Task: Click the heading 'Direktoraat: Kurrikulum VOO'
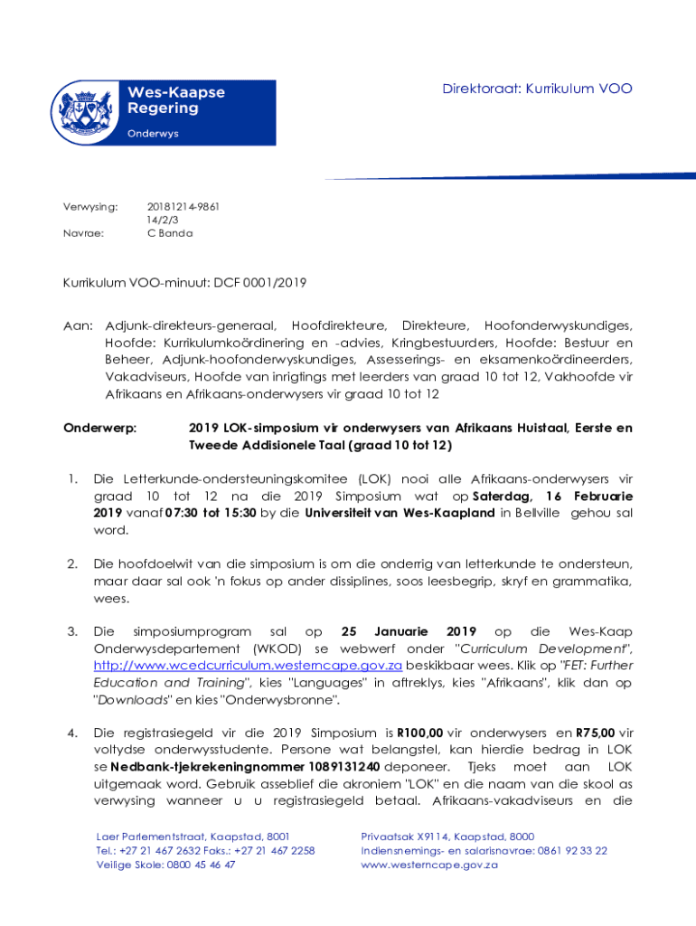pos(537,89)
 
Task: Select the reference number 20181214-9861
pos(183,207)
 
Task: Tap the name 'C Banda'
pos(170,233)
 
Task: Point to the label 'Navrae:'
pos(82,233)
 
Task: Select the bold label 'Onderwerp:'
pos(99,428)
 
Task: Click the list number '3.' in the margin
pos(72,632)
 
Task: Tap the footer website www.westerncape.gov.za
pos(429,865)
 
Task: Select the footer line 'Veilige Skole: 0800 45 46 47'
pos(166,865)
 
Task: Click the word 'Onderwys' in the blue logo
pos(153,133)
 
